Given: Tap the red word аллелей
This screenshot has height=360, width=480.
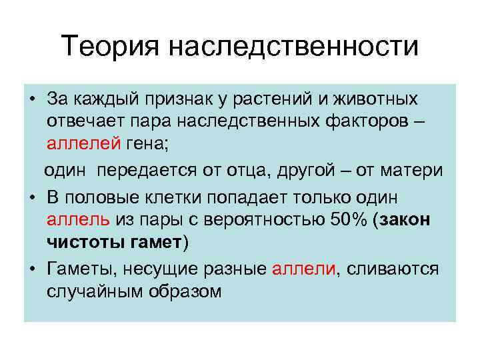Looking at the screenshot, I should (84, 145).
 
